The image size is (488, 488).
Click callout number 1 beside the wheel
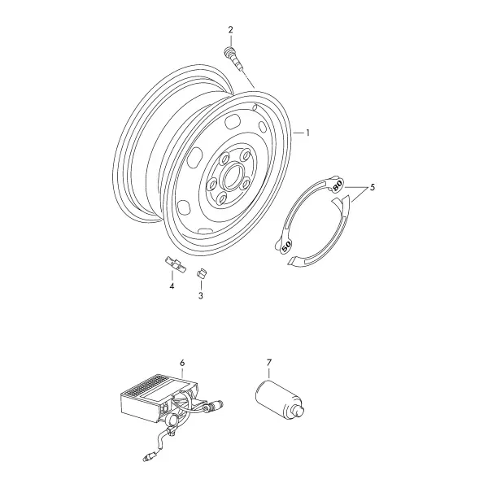(x=307, y=133)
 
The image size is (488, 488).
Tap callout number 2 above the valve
(x=230, y=30)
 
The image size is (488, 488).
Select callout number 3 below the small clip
(x=201, y=296)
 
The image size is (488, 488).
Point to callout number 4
(x=172, y=285)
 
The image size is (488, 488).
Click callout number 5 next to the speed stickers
(x=373, y=187)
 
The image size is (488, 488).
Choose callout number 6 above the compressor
(x=182, y=363)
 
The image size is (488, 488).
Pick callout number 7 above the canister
(x=269, y=362)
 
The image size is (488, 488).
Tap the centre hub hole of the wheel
(x=233, y=177)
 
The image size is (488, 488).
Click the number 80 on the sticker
(x=338, y=185)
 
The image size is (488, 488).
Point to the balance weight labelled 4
(x=176, y=264)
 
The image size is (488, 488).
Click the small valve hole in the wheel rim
(x=255, y=107)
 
